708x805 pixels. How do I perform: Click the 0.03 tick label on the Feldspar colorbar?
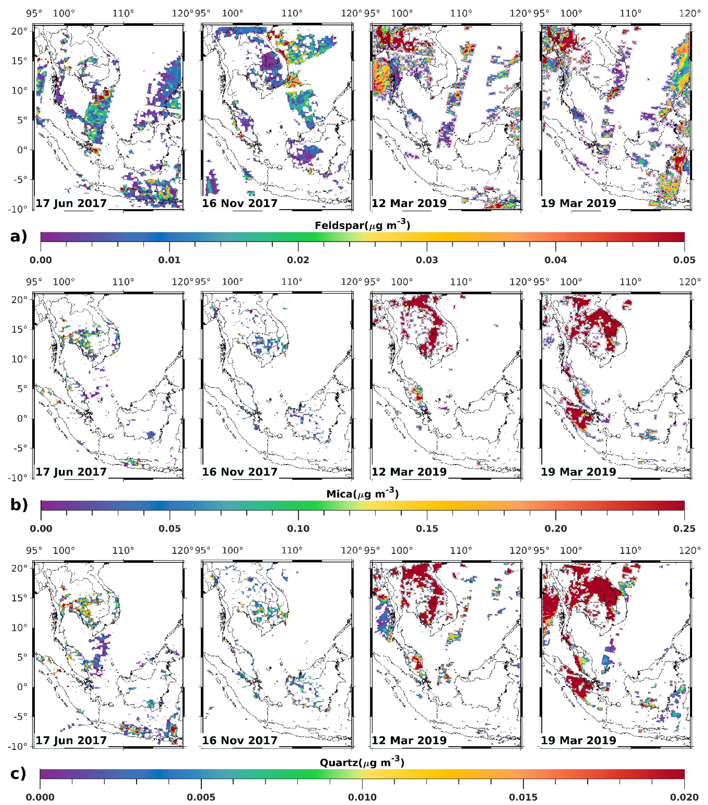pos(427,260)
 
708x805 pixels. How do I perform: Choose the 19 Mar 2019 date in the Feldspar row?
pos(578,203)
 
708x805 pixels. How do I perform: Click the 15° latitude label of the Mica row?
pos(19,329)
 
